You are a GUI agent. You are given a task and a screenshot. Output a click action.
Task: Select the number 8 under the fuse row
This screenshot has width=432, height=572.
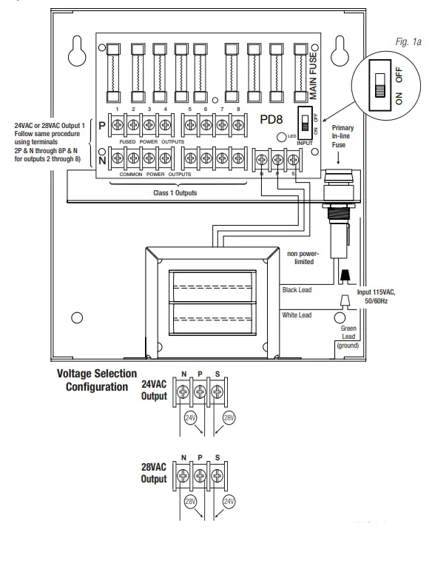coord(237,109)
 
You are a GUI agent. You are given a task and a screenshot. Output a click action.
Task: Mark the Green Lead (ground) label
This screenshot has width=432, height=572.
coord(348,336)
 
